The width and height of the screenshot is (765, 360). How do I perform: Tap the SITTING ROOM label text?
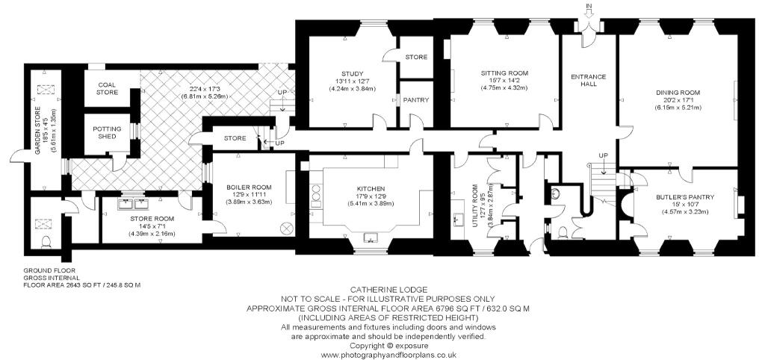click(x=504, y=73)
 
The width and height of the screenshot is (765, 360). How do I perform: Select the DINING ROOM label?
click(x=678, y=92)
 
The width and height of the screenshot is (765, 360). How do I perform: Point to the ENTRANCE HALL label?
click(x=588, y=81)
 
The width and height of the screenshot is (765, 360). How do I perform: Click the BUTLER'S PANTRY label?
click(x=685, y=197)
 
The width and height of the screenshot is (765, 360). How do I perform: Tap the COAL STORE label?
click(x=107, y=88)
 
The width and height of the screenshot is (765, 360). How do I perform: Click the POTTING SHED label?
click(x=107, y=133)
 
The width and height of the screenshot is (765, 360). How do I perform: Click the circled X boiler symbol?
click(x=285, y=227)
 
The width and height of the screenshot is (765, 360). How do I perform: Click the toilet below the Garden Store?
click(x=46, y=241)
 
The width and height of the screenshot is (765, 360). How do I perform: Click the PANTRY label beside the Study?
click(x=415, y=100)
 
